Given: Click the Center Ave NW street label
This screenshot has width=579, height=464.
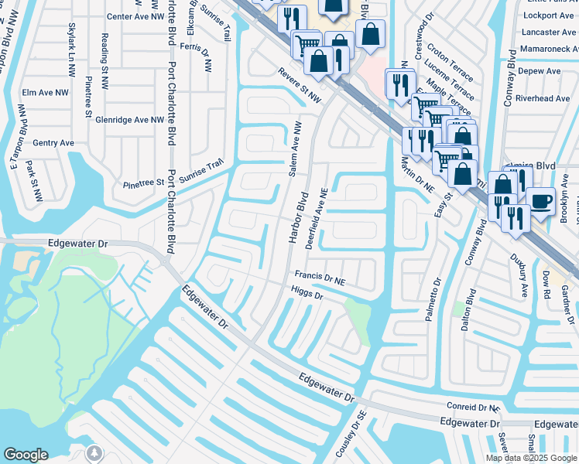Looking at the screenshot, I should [135, 16].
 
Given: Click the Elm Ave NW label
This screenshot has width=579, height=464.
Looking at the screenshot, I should [48, 93].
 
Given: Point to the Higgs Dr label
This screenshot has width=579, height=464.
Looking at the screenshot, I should [307, 295].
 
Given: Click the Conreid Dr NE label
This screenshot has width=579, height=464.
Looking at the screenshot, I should [474, 407].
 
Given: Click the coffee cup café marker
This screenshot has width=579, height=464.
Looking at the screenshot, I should [540, 201].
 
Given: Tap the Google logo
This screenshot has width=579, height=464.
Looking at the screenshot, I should [26, 455].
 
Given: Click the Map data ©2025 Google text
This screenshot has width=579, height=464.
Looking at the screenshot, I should [530, 458].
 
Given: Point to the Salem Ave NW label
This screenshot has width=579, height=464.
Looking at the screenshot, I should [295, 149].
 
